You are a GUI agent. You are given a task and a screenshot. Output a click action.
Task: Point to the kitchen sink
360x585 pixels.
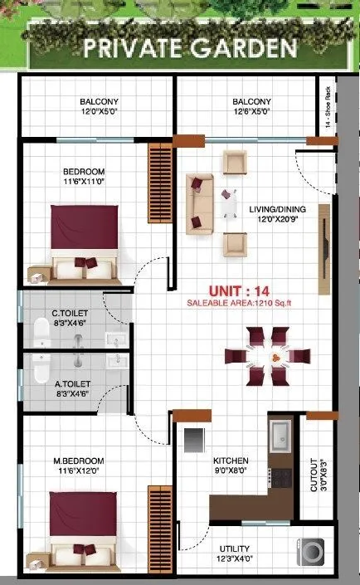click(279, 433)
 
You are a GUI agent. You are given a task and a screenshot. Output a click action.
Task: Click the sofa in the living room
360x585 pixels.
click(199, 204)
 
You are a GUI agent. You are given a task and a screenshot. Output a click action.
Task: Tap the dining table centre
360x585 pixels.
click(266, 356)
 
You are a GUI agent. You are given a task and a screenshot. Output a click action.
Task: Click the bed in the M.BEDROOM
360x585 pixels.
click(83, 527)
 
